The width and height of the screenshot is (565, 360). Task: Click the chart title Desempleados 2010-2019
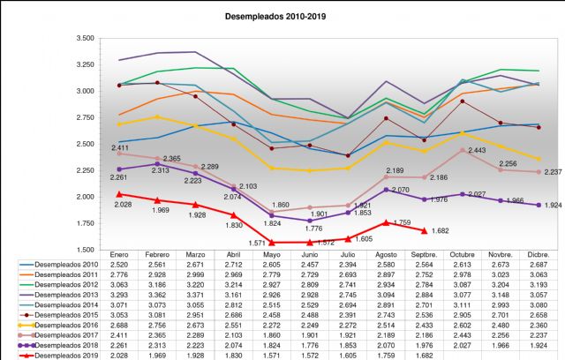tap(282, 16)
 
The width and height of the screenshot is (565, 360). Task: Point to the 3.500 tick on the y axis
tap(85, 39)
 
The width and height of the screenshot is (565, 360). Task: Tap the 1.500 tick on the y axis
tap(85, 249)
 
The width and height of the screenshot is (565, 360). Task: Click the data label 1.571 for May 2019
tap(258, 243)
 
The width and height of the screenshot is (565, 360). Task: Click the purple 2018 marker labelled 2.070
tap(386, 190)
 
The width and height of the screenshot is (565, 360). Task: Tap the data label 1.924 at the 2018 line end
tap(539, 206)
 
